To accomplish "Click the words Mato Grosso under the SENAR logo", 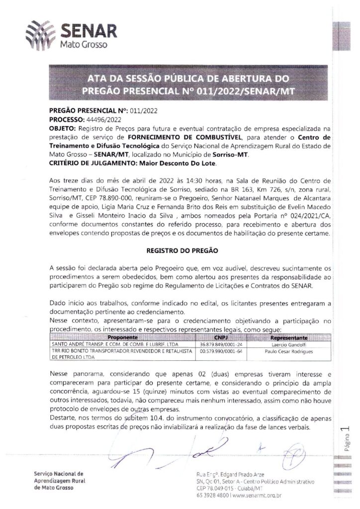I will (x=81, y=45).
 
